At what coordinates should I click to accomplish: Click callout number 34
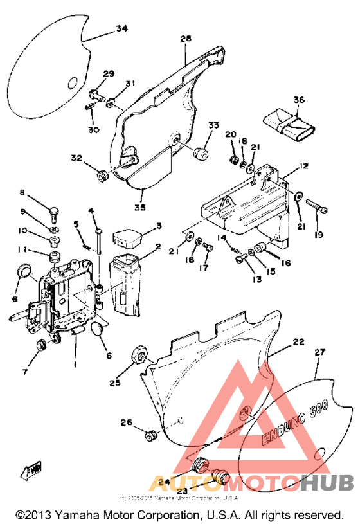(122, 28)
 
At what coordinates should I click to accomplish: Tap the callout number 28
(186, 39)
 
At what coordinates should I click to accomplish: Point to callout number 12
(303, 166)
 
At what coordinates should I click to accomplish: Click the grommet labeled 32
(102, 174)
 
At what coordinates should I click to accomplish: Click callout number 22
(298, 343)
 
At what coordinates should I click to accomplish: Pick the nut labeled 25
(138, 356)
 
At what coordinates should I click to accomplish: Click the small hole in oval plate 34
(73, 82)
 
